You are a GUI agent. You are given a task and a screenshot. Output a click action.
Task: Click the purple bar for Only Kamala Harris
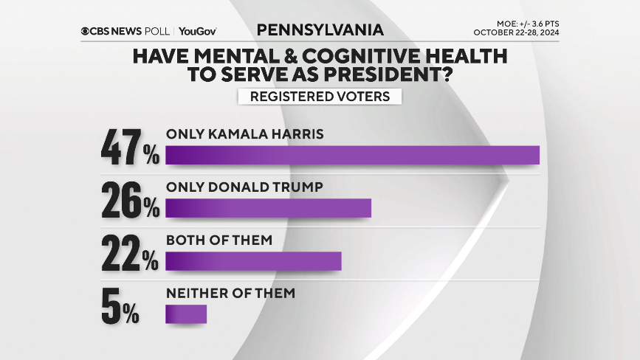point(352,155)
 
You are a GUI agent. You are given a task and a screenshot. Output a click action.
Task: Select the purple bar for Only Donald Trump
point(268,208)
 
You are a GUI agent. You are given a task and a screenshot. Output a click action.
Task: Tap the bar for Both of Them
point(253,261)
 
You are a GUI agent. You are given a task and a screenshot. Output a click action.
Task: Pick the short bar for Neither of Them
point(186,314)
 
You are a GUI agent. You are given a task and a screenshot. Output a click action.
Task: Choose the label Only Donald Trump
point(244,187)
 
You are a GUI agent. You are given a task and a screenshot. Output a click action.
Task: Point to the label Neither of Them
point(230,293)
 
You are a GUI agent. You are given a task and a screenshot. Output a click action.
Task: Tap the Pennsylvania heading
point(320,30)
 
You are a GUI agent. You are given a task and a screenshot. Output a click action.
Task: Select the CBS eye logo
point(86,31)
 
